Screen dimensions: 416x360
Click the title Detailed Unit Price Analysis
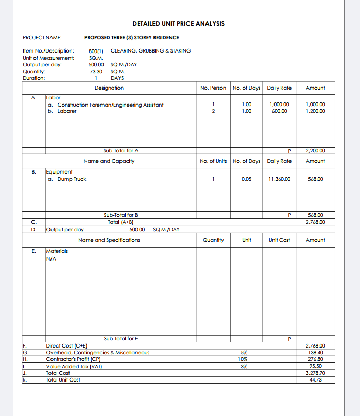pyautogui.click(x=178, y=24)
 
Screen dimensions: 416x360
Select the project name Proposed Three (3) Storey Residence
pyautogui.click(x=131, y=37)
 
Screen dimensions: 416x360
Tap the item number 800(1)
pyautogui.click(x=96, y=51)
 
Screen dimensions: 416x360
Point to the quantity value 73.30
pyautogui.click(x=96, y=72)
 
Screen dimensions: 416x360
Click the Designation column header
pyautogui.click(x=109, y=88)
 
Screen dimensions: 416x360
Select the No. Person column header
pyautogui.click(x=213, y=88)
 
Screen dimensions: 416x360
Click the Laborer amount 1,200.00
pyautogui.click(x=315, y=111)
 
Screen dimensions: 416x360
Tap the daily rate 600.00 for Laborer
pyautogui.click(x=280, y=111)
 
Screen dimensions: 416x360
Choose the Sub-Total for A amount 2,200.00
pyautogui.click(x=315, y=151)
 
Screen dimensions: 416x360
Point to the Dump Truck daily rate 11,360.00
pyautogui.click(x=280, y=179)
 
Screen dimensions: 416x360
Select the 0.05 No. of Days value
pyautogui.click(x=246, y=179)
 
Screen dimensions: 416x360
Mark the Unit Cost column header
pyautogui.click(x=279, y=240)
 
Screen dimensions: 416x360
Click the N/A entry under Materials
pyautogui.click(x=51, y=259)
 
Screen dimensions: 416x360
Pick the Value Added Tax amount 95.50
pyautogui.click(x=315, y=366)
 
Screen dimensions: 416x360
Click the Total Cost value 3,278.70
pyautogui.click(x=315, y=373)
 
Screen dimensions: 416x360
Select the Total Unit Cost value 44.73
pyautogui.click(x=315, y=379)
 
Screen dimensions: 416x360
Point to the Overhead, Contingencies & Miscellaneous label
pyautogui.click(x=98, y=352)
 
